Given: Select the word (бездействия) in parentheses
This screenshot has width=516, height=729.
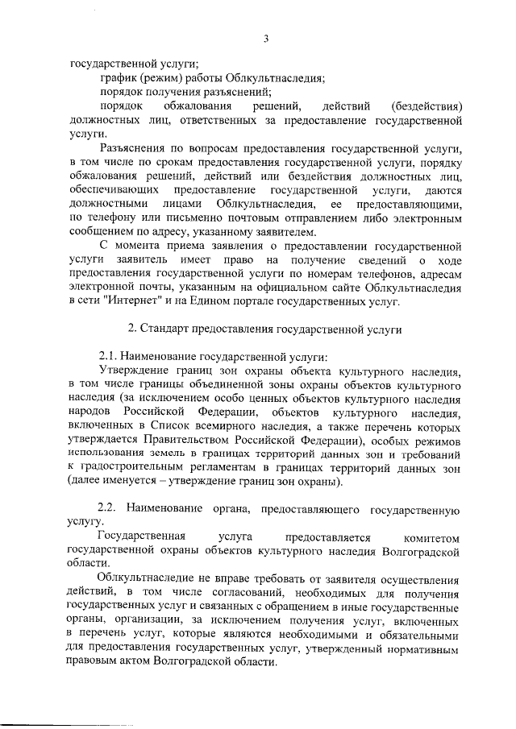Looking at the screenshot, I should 425,106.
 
